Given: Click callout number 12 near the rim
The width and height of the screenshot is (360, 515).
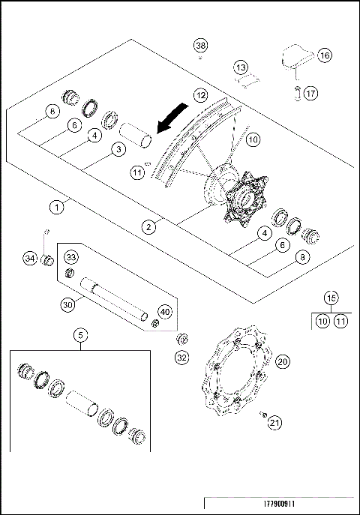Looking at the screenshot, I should point(199,95).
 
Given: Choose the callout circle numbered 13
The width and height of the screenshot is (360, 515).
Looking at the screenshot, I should point(240,68).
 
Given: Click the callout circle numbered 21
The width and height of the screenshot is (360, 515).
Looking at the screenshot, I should point(274,423).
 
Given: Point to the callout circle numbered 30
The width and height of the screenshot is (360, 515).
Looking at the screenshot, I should point(67,305).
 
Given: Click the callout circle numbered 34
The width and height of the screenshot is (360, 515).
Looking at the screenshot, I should point(29,259).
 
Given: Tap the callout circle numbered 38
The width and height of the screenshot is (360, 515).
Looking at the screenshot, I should point(200,46).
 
